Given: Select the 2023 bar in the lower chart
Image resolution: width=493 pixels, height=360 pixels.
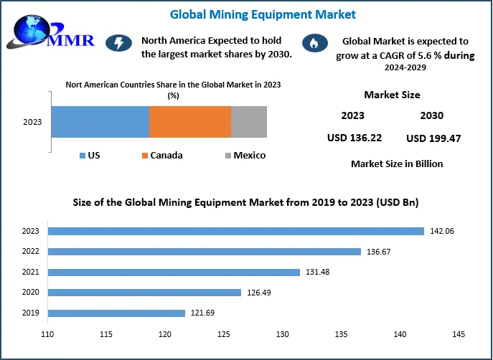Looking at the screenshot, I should click(236, 231).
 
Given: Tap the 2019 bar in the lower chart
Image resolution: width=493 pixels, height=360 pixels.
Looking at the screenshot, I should click(117, 313).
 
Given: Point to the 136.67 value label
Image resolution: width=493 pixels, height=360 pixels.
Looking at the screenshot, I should click(380, 252).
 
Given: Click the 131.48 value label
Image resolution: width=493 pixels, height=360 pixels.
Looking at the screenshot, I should click(318, 272).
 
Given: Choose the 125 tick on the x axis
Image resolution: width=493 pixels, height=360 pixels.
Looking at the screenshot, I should click(224, 334).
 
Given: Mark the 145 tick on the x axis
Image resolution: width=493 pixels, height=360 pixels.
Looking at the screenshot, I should click(459, 334).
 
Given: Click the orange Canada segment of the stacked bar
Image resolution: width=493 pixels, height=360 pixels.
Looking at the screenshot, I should click(190, 122).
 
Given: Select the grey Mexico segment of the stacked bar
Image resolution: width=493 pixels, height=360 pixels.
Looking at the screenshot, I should click(249, 122).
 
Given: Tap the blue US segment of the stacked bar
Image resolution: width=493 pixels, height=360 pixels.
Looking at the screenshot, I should click(100, 122).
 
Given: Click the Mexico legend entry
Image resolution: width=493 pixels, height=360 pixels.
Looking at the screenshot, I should click(245, 156).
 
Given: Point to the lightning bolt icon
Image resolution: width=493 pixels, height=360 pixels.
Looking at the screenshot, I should click(118, 44).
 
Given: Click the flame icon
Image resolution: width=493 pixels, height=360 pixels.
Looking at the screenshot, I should click(312, 44).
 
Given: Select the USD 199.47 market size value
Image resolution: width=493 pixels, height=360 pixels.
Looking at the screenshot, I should click(434, 138).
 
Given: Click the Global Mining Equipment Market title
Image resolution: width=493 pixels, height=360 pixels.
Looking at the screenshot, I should click(262, 14).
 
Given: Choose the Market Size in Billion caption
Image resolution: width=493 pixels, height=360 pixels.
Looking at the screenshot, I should click(397, 164).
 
